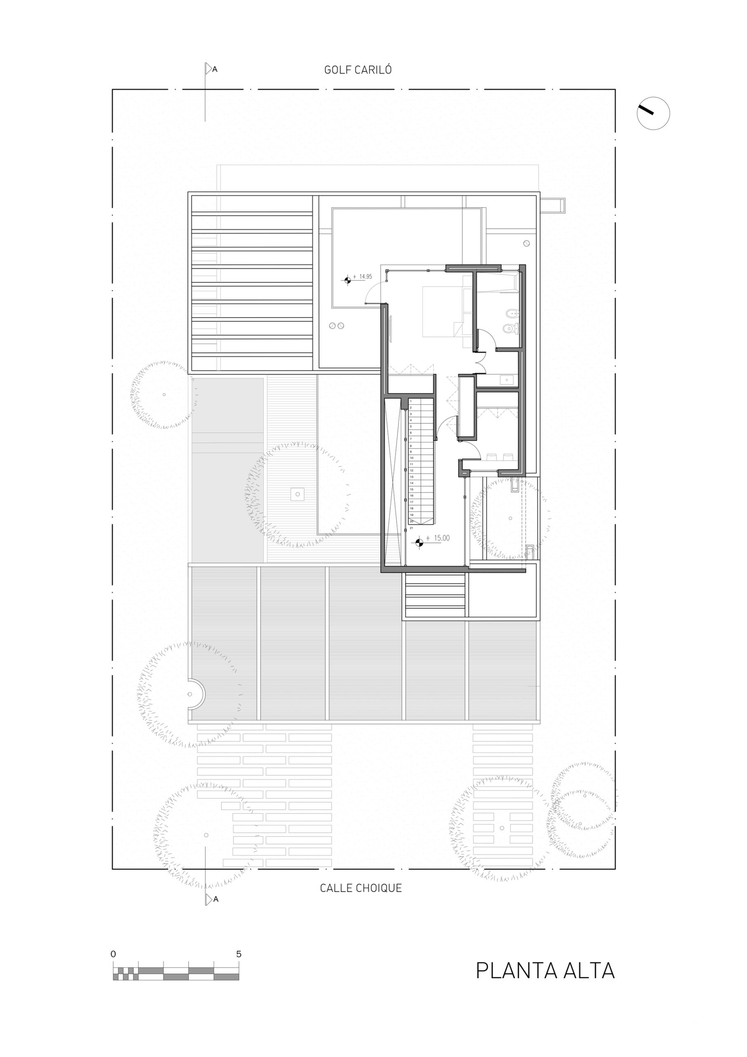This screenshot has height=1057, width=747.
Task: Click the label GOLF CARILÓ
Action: [x=358, y=70]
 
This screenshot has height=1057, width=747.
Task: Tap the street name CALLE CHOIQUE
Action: [x=360, y=888]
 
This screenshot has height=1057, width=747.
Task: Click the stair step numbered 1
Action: [x=411, y=401]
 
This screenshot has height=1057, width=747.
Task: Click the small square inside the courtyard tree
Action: [x=298, y=494]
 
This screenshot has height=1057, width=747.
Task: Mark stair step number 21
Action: [x=411, y=528]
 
